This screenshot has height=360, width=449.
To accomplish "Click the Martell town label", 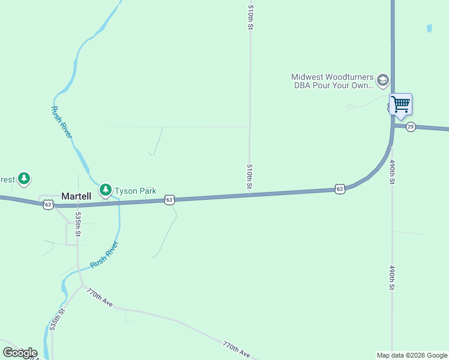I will pos(76,196).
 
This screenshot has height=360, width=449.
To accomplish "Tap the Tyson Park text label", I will pos(136,191).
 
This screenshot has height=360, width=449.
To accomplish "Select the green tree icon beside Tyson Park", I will pos(106,190).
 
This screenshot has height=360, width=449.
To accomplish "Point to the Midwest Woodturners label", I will pos(331,81).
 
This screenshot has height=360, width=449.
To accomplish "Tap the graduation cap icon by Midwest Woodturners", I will pos(382,80).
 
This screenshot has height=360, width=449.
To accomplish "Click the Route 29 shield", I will pos(411,127).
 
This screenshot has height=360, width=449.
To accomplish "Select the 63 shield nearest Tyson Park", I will pos(169,199).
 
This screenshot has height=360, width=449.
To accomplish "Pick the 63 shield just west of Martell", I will pos(48,205).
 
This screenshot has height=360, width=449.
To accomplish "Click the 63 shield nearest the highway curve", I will pos(340,188).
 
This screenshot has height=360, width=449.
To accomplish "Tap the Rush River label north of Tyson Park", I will pos(62,123).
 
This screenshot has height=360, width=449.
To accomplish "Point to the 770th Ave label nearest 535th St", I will pos(100,298).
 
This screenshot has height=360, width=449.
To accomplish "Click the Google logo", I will pos(20,353).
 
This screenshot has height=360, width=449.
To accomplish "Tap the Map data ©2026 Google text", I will pos(412,355).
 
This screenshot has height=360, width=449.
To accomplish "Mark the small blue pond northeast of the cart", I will pos(429,28).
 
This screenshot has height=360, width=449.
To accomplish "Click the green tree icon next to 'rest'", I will pos(23,178).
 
